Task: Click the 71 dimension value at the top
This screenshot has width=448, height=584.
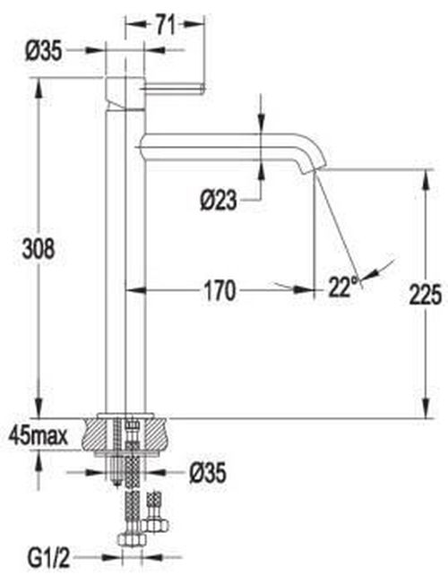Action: click(165, 25)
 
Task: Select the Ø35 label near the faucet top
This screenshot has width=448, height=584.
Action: click(44, 51)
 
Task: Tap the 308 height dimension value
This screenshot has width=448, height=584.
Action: click(39, 248)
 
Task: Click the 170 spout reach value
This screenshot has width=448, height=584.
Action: click(220, 291)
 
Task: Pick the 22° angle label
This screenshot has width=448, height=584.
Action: click(343, 287)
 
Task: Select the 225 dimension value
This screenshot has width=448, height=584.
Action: click(426, 295)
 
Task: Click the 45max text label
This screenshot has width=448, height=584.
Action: click(39, 435)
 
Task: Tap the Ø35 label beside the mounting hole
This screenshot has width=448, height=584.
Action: click(208, 474)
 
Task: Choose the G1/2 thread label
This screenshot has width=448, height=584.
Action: click(48, 558)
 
